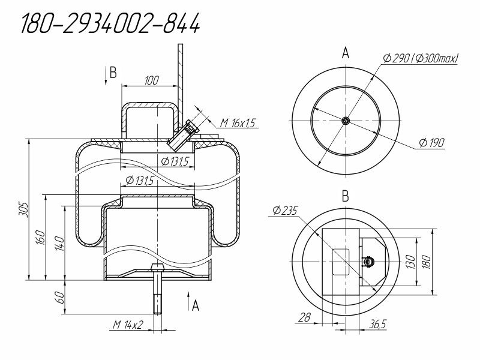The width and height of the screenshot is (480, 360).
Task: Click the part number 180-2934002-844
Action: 110,23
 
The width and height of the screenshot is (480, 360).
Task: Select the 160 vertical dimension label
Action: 41,237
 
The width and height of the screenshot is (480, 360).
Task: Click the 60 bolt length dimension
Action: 61,297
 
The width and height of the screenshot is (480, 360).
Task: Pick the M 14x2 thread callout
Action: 128,324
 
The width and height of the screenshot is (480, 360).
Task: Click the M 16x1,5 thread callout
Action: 238,123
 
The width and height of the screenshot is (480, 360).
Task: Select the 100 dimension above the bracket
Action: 152,80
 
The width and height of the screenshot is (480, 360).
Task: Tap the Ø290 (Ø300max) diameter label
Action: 421,58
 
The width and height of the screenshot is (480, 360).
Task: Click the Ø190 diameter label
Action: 431,142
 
